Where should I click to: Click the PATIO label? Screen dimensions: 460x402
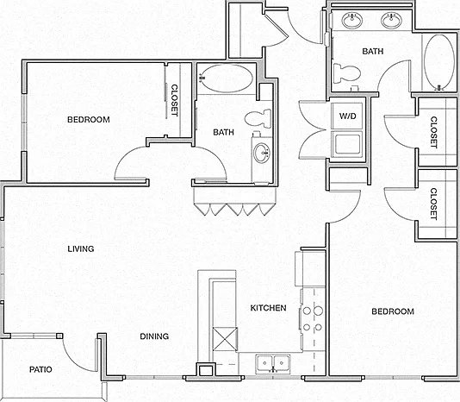tap(40, 369)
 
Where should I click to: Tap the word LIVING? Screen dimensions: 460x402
tap(81, 249)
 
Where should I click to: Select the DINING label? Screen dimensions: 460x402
tap(154, 336)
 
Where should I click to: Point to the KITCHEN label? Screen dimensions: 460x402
tap(268, 308)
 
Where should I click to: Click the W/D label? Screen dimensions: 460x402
tap(348, 116)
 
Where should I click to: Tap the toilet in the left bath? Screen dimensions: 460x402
tap(258, 118)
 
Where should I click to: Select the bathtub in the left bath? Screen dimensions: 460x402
tap(225, 79)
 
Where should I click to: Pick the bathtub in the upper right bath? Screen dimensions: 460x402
tap(438, 62)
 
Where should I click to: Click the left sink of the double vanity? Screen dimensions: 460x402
tap(352, 21)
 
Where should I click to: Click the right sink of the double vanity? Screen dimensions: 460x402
tap(391, 21)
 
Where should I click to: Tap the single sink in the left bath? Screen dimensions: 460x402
tap(261, 153)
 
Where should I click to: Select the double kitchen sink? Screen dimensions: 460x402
tap(273, 364)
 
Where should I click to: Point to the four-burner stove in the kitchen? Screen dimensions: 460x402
tap(313, 319)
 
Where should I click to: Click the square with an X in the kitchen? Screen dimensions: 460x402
tap(225, 339)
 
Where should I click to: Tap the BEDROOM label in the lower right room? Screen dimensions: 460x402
tap(393, 311)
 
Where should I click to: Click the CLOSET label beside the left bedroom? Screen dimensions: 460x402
tap(174, 100)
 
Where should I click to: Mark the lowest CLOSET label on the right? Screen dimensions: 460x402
tap(433, 204)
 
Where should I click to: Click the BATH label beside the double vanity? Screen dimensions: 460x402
tap(373, 52)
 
